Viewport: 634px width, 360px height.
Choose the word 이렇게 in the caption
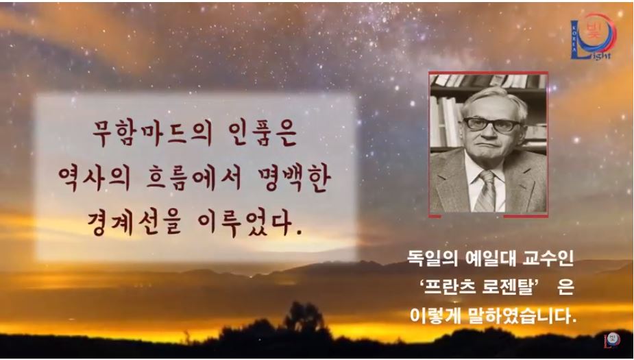(x=432, y=317)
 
